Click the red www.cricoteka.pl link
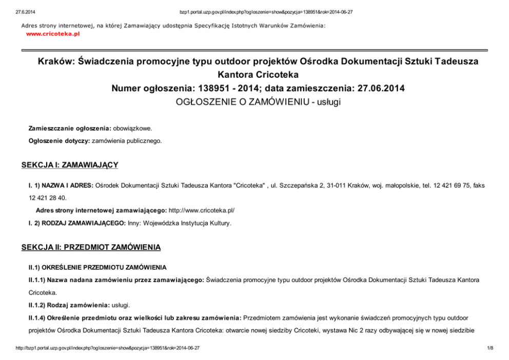click(53, 34)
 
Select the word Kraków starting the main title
click(55, 62)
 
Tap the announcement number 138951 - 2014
click(219, 88)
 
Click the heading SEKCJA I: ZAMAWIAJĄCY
click(70, 165)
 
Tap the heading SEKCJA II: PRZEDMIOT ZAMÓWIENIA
click(91, 247)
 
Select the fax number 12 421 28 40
click(47, 197)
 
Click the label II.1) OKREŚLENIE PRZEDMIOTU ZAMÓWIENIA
click(97, 267)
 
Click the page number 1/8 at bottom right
click(490, 348)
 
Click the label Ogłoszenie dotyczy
click(58, 140)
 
